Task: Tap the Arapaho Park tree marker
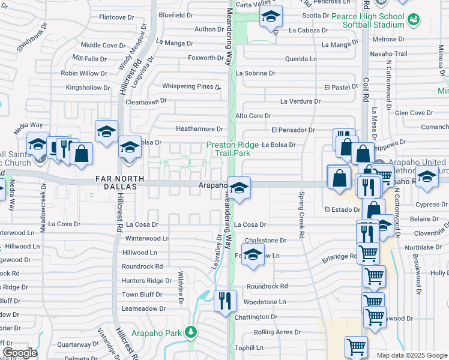191,331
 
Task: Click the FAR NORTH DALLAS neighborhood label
120,182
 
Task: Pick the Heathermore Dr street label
199,128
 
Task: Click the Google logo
20,353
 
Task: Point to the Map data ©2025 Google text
411,355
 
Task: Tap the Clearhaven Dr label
146,102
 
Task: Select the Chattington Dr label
256,317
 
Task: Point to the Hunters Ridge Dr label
147,281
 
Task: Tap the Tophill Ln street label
249,347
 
